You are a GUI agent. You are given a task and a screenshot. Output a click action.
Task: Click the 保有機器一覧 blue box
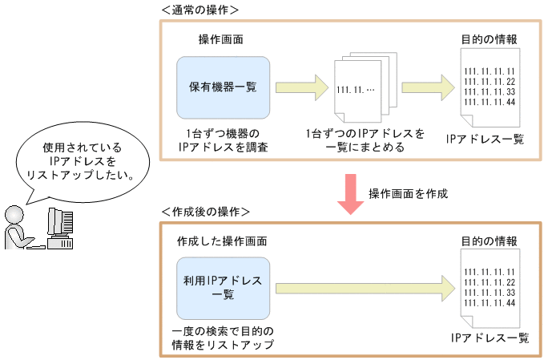(x=223, y=87)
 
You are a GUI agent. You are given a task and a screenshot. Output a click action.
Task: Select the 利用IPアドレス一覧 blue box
(x=223, y=286)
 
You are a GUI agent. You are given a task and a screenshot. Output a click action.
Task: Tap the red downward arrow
(x=349, y=193)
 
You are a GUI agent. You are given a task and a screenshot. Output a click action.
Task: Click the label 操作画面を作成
(x=408, y=194)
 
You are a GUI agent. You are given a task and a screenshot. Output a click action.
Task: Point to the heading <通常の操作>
(x=200, y=10)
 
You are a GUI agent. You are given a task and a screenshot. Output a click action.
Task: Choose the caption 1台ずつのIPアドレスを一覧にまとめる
(x=365, y=140)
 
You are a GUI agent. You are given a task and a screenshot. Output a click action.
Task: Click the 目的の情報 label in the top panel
(x=489, y=38)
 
